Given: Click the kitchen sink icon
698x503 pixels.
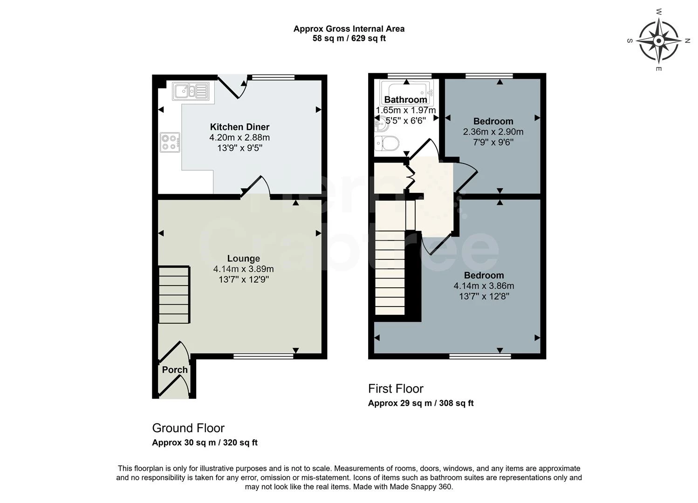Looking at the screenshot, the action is (x=191, y=91).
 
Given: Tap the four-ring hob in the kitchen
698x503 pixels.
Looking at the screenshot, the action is (x=170, y=143).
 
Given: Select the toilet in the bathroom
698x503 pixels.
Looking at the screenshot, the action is (x=386, y=143).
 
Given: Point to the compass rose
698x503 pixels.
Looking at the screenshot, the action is (x=658, y=41).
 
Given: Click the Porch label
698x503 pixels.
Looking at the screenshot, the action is (x=175, y=370).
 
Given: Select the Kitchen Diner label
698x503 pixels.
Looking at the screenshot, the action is (x=240, y=127).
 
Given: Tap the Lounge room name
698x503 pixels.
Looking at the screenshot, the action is (x=243, y=258).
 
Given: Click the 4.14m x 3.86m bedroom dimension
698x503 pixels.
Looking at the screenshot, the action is (x=484, y=285).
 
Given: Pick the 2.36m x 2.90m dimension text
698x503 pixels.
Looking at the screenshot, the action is (x=493, y=132).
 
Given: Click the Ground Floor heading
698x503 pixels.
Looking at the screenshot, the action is (x=188, y=428).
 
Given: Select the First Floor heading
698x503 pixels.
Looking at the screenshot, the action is (x=396, y=388).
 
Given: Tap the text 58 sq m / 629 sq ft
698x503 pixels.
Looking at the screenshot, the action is (x=349, y=38).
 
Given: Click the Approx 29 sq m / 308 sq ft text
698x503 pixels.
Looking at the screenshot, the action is (x=421, y=403).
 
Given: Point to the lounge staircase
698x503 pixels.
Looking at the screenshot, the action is (x=174, y=295).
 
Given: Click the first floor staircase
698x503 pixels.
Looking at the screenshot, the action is (x=390, y=258).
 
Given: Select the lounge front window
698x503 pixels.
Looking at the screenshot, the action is (x=263, y=356).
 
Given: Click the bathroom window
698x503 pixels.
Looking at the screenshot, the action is (x=410, y=76).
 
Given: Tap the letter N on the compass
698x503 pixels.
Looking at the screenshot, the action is (x=687, y=41).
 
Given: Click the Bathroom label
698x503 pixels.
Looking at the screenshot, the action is (x=405, y=100).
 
